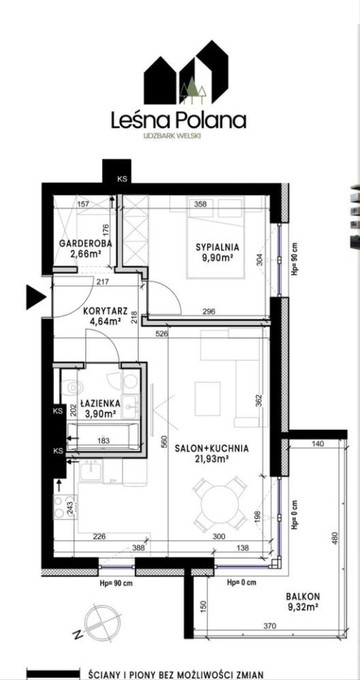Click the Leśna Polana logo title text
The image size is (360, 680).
179,120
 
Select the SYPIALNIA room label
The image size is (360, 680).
218,248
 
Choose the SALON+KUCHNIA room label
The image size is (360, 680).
212,448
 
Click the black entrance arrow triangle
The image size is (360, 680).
36,297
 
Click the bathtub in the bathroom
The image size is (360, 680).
103,436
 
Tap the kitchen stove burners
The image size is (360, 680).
64,506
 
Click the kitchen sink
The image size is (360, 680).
91,470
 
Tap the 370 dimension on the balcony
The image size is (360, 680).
271,626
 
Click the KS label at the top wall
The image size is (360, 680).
117,178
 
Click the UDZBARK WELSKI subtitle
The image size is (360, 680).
178,135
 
